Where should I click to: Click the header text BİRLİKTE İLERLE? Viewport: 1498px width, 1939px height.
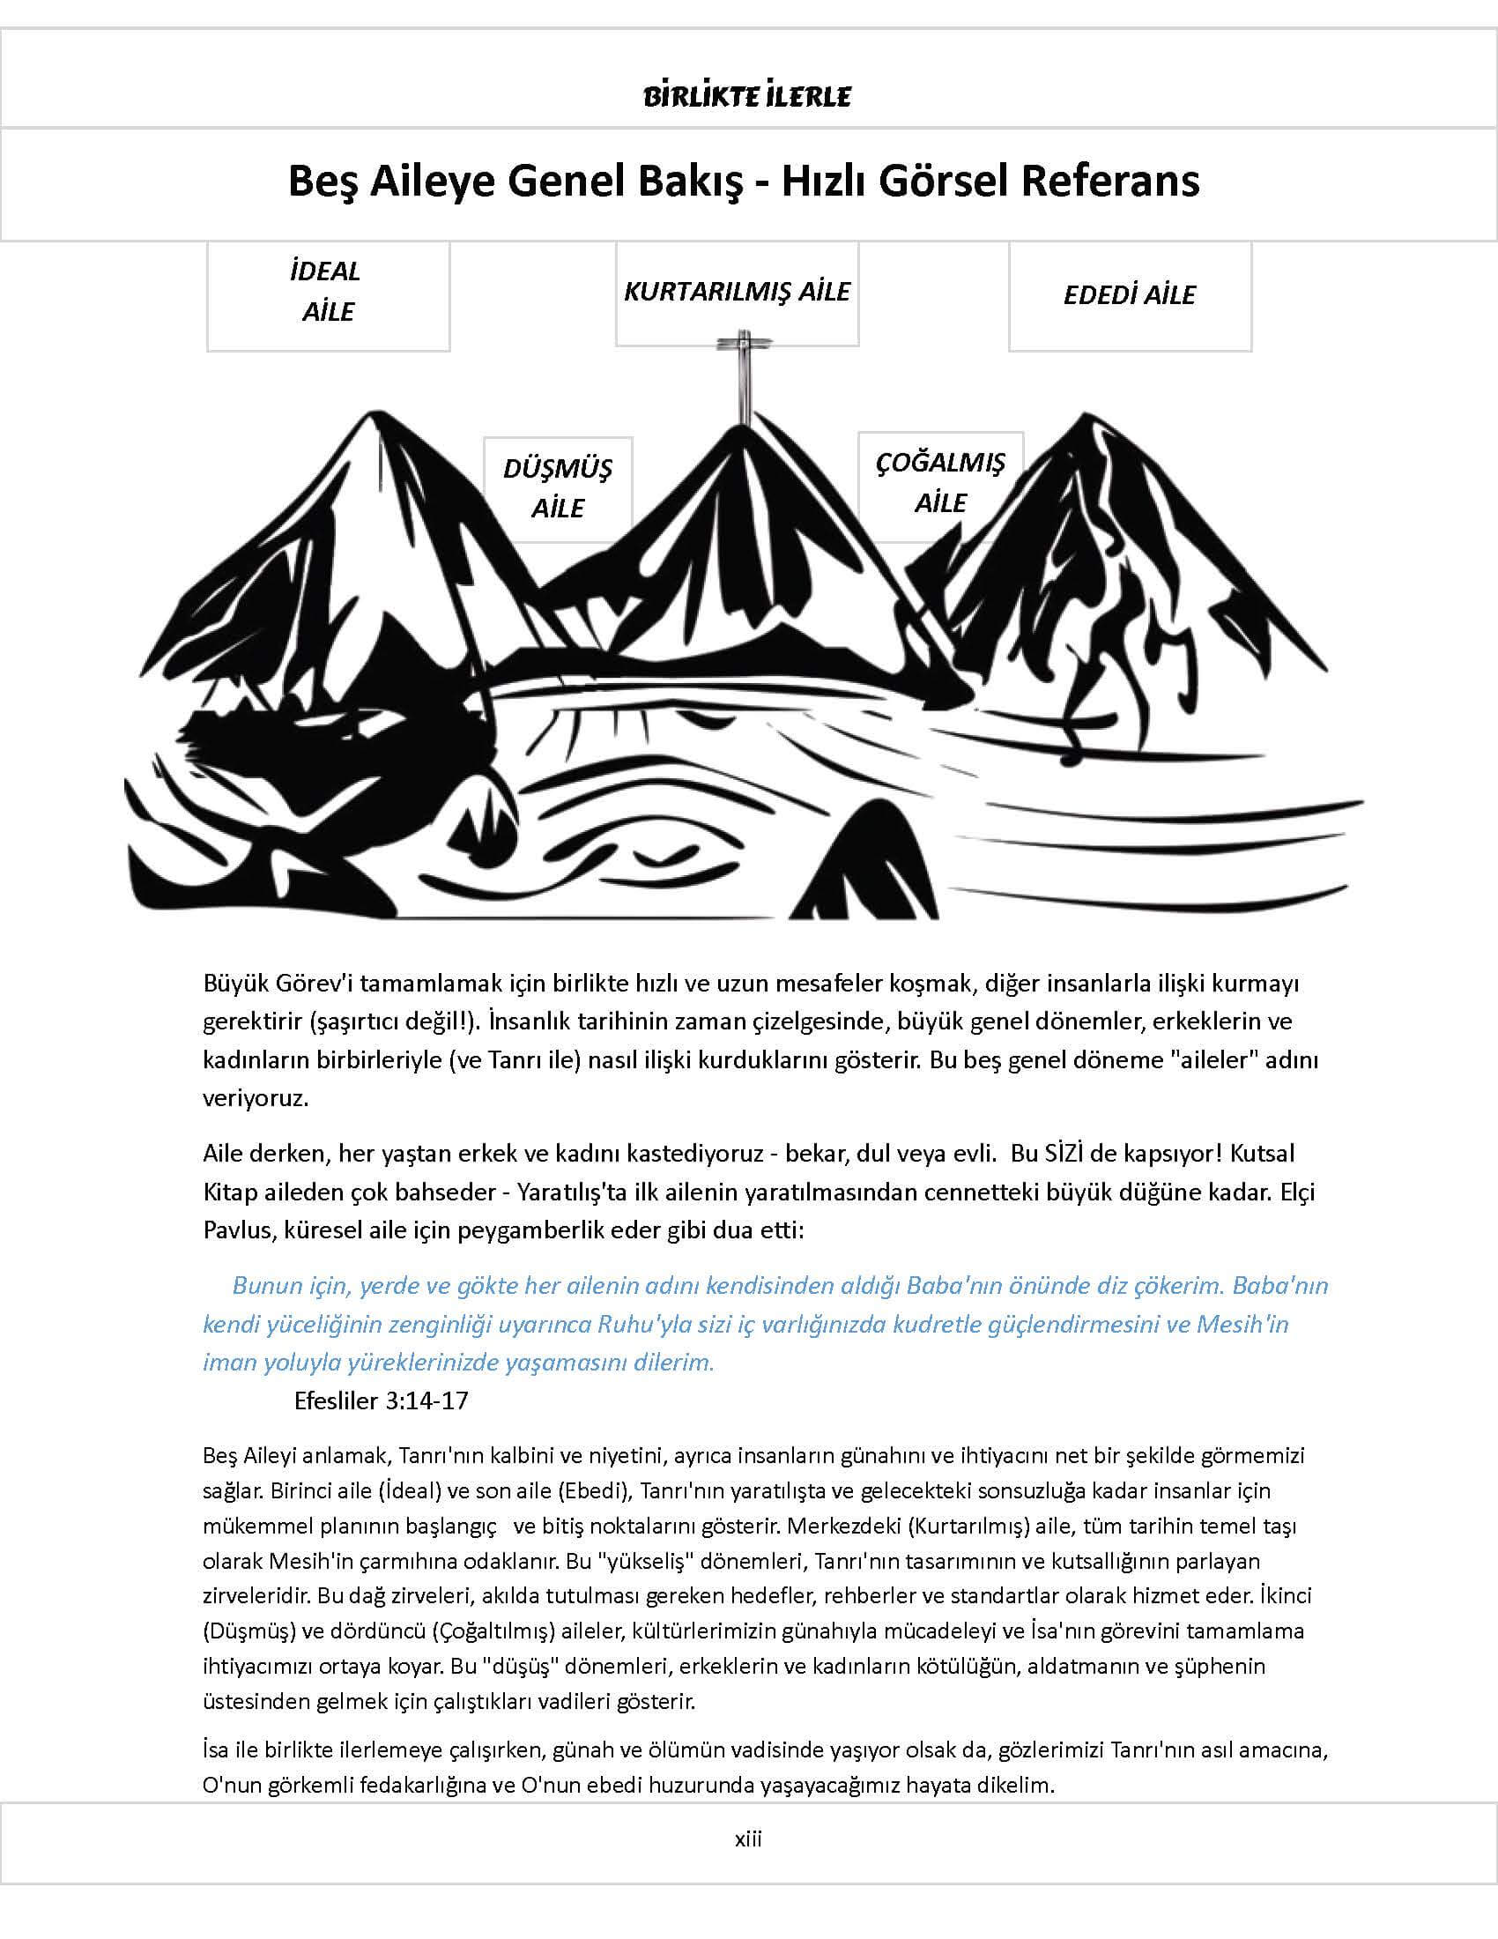[747, 96]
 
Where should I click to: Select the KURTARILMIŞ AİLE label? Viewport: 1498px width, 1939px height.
[737, 292]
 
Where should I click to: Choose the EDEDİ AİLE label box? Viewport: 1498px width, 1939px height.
[1129, 295]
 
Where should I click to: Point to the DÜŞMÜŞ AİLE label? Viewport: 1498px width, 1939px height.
[557, 488]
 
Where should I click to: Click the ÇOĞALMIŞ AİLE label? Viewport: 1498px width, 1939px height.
[940, 483]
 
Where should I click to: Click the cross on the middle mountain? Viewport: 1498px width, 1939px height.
[741, 373]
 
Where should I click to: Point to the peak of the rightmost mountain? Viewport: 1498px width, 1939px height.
[1084, 417]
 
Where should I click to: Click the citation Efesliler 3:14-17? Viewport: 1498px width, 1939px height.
[381, 1401]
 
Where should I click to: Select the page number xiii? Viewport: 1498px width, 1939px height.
[748, 1839]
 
